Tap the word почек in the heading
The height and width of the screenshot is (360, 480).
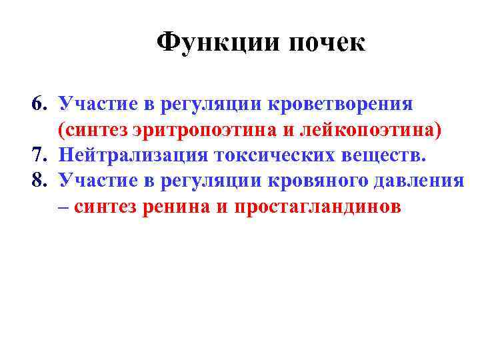327,44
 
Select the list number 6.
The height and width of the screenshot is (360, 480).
38,105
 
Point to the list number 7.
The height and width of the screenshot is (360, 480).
38,155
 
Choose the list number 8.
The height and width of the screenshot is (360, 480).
38,181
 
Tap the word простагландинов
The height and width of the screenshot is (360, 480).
317,207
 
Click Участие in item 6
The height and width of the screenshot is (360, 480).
95,105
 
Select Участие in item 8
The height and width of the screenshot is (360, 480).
95,181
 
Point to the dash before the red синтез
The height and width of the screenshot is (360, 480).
63,207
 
